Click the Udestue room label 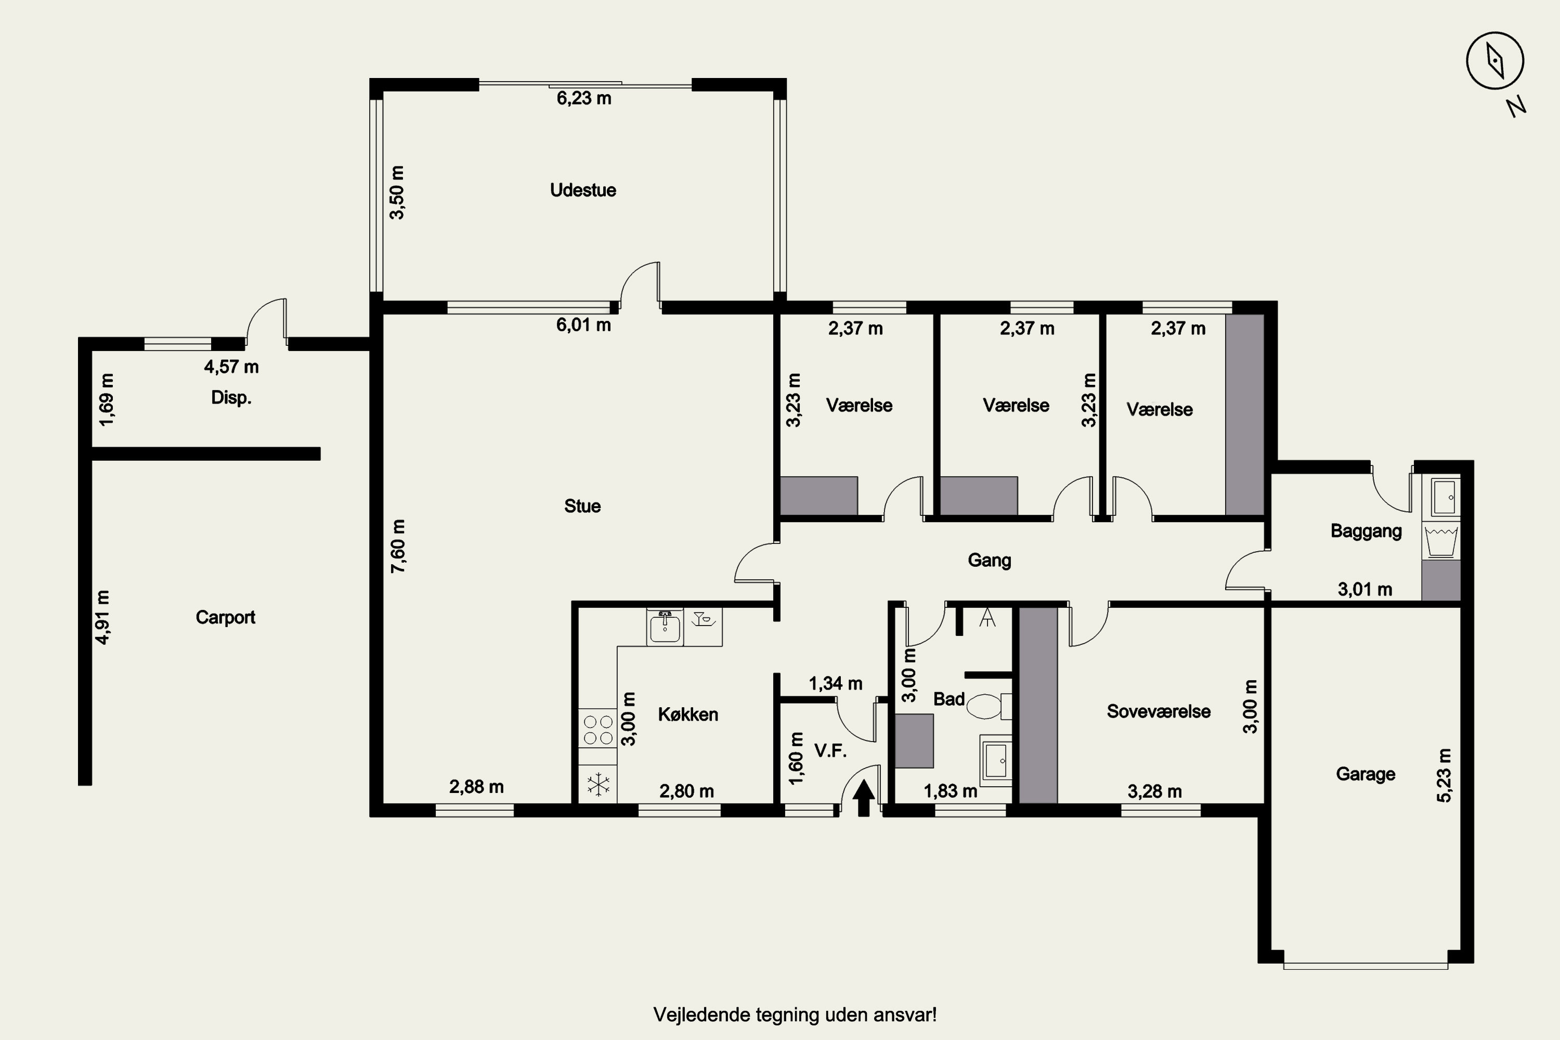(x=583, y=190)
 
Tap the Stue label (x=582, y=506)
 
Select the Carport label (x=226, y=618)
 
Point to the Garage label (x=1365, y=774)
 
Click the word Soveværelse (x=1158, y=712)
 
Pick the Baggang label (x=1367, y=531)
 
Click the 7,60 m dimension (x=398, y=547)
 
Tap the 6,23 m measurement (x=583, y=98)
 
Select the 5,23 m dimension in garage (x=1445, y=775)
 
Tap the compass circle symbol (x=1495, y=60)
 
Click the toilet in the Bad (x=989, y=706)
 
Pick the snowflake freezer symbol (x=599, y=785)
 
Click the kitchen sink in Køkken (x=665, y=627)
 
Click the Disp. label (x=231, y=398)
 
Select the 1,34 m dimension (x=836, y=683)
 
